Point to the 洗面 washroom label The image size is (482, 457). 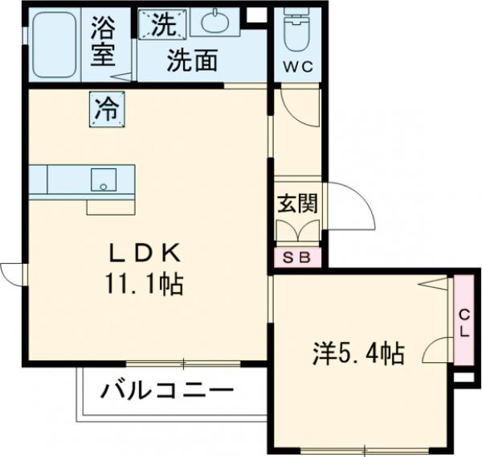(x=193, y=61)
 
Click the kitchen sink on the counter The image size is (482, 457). (x=103, y=179)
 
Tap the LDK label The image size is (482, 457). (x=148, y=254)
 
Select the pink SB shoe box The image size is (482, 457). (x=298, y=258)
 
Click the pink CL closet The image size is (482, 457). (x=464, y=320)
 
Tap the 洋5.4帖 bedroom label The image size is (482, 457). (x=357, y=352)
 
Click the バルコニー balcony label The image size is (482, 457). (x=167, y=392)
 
